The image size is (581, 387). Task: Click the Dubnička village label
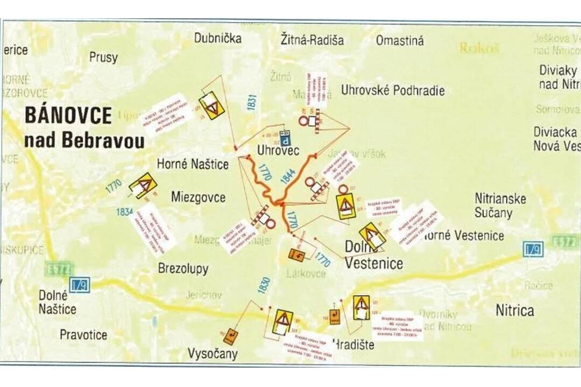click(x=218, y=39)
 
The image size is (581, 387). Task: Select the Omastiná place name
click(x=400, y=41)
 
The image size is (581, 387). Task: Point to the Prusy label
click(x=103, y=58)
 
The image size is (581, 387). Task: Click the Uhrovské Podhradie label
click(x=393, y=90)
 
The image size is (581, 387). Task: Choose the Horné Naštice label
click(x=193, y=164)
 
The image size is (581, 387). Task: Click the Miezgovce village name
click(x=198, y=197)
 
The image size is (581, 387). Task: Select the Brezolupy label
click(x=183, y=269)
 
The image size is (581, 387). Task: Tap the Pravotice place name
click(x=83, y=335)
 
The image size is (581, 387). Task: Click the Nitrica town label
click(x=515, y=311)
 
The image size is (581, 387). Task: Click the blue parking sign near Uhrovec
click(x=286, y=140)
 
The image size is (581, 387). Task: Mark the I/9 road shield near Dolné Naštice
click(x=79, y=285)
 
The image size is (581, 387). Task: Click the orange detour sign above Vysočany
click(x=230, y=336)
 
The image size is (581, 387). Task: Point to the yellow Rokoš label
click(x=479, y=48)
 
